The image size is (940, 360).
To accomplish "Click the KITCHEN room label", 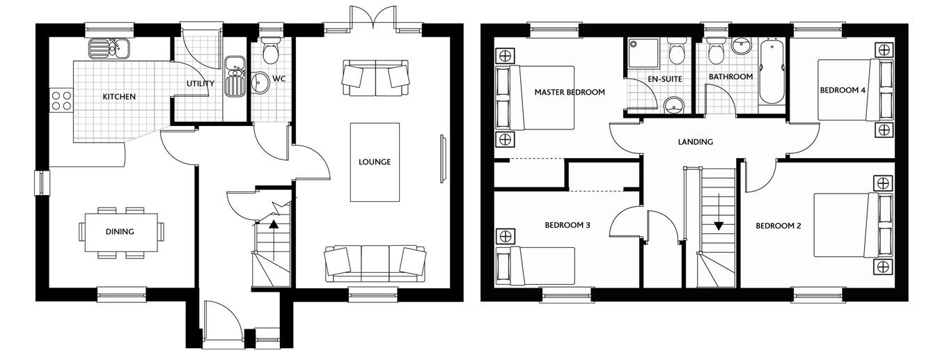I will (x=119, y=97).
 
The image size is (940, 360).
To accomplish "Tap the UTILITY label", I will (x=201, y=84).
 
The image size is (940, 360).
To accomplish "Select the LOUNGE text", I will (x=375, y=162).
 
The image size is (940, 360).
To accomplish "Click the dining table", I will (x=120, y=232).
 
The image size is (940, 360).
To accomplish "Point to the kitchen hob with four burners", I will (x=61, y=102).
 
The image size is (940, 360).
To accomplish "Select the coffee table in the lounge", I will (x=375, y=162).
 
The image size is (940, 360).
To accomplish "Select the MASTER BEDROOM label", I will (x=570, y=92).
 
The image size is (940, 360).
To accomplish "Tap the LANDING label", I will (x=696, y=142).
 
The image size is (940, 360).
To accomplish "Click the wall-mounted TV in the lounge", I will (x=441, y=159).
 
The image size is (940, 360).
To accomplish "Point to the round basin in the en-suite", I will (x=673, y=106).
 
